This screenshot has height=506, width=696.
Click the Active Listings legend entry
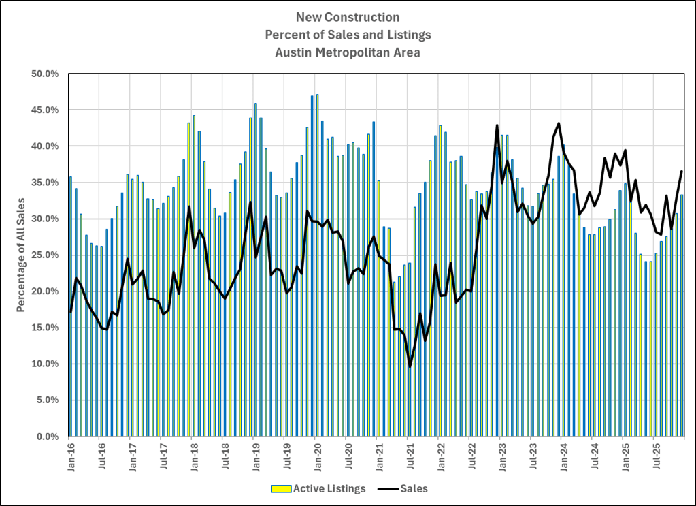pyautogui.click(x=318, y=488)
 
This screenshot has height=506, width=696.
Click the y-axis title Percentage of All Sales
pyautogui.click(x=21, y=255)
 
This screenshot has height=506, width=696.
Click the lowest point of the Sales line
pyautogui.click(x=410, y=366)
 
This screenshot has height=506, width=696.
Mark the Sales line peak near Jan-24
pyautogui.click(x=559, y=123)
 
